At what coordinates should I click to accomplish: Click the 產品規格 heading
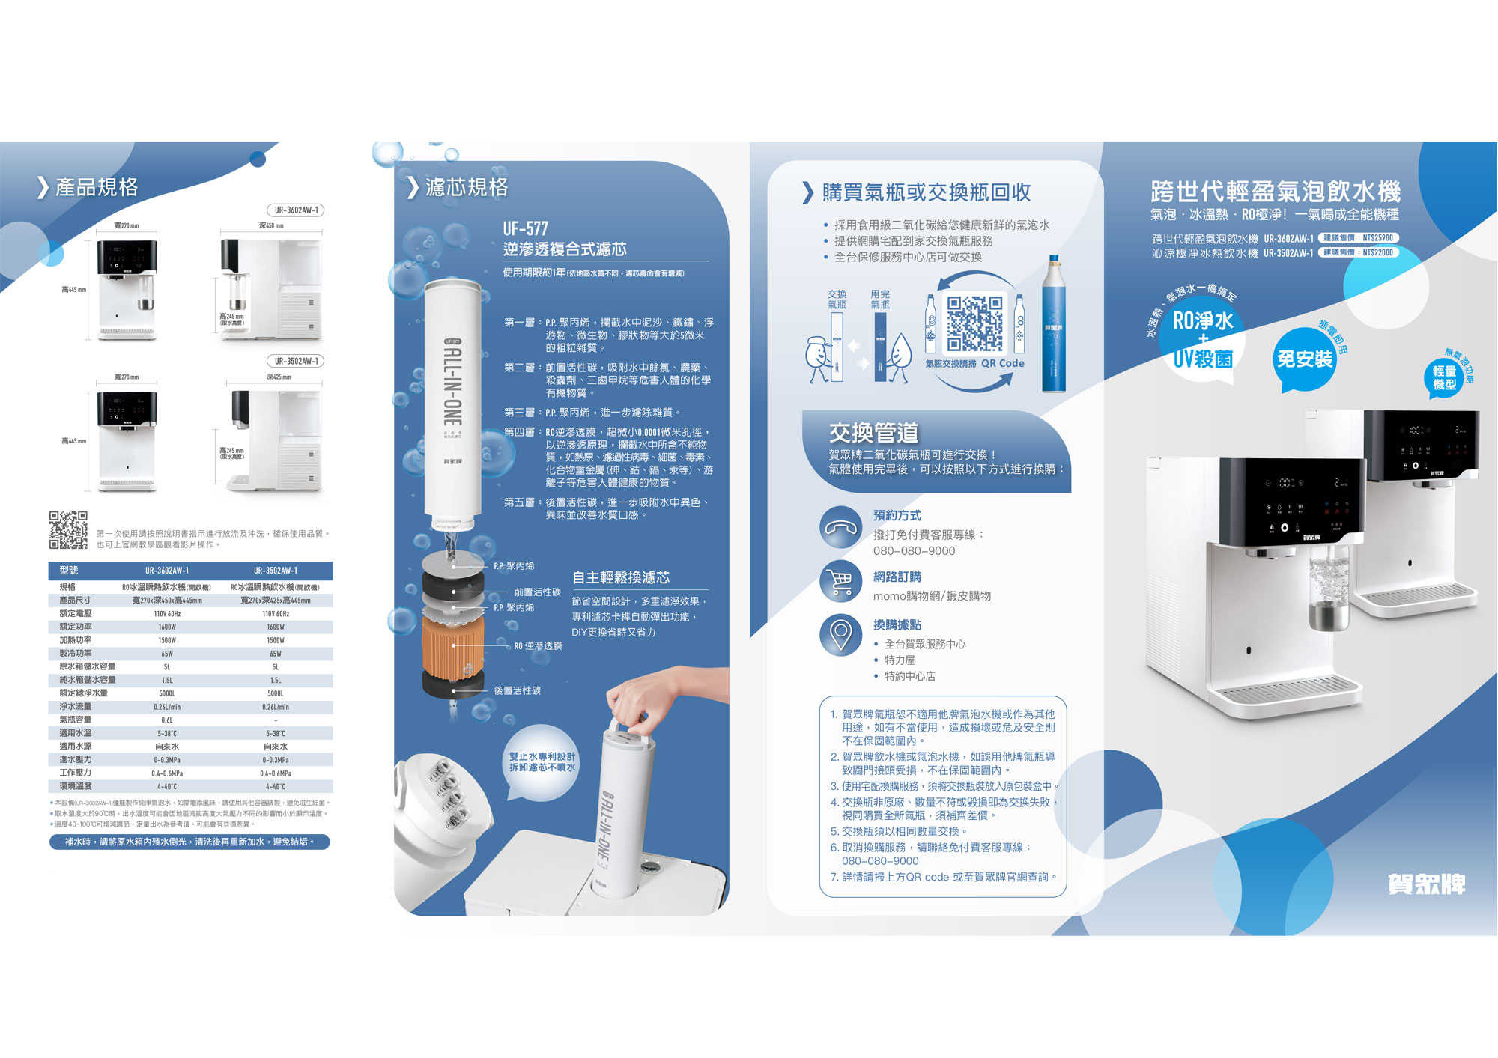[96, 187]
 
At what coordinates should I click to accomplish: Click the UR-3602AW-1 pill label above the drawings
[296, 210]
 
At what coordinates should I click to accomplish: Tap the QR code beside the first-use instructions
[68, 530]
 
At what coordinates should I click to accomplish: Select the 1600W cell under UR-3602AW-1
[167, 627]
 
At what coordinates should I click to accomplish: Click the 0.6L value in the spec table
[167, 720]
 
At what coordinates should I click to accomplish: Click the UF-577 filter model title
[525, 228]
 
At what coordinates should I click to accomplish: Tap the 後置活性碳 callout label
[517, 690]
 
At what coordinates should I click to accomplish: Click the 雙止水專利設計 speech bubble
[542, 762]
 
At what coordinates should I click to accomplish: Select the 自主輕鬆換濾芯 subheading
[621, 577]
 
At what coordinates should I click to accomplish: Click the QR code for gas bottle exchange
[974, 323]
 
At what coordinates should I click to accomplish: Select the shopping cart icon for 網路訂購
[840, 581]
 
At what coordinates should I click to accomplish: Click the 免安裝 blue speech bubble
[1304, 359]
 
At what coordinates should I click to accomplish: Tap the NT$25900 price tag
[1359, 238]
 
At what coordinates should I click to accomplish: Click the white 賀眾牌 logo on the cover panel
[1425, 884]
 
